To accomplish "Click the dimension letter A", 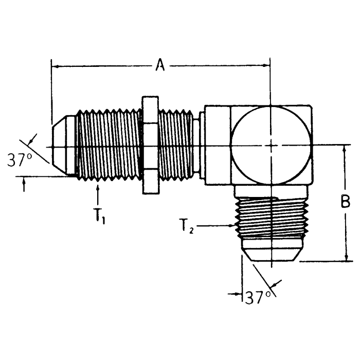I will pyautogui.click(x=160, y=66).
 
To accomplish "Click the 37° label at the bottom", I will pyautogui.click(x=258, y=297).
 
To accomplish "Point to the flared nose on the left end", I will pyautogui.click(x=63, y=147).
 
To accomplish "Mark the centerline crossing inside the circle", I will pyautogui.click(x=271, y=146).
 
